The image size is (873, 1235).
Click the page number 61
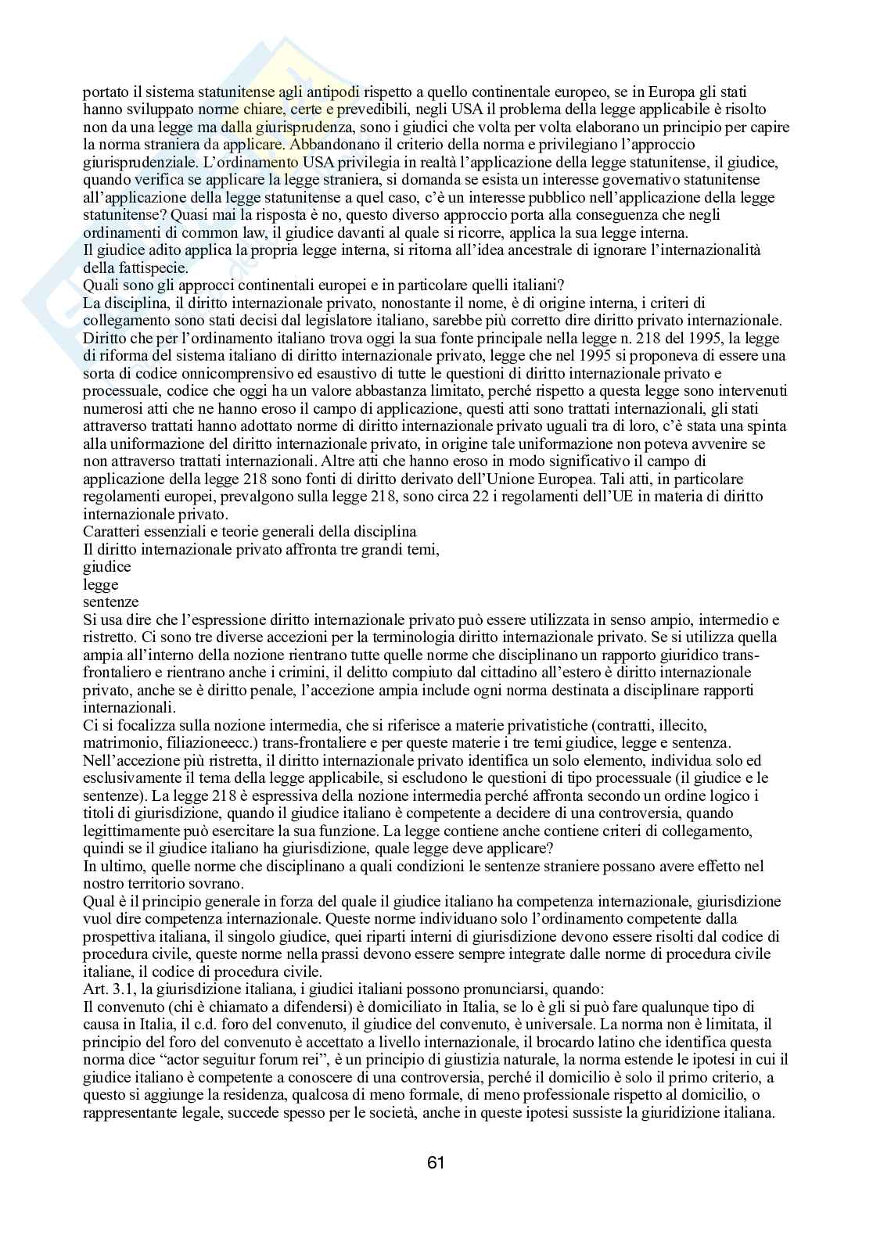(436, 1162)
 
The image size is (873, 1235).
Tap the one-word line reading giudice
(106, 566)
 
